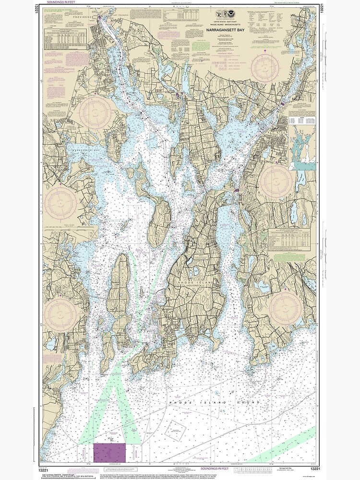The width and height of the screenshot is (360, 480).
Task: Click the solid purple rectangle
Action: coord(109,453)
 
